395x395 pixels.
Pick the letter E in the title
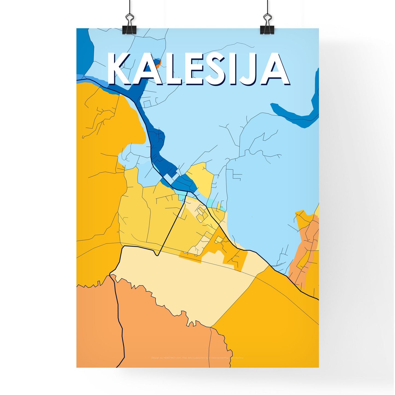(x=195, y=68)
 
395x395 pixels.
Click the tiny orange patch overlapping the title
(x=159, y=65)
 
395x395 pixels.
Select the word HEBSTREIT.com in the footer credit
(x=172, y=358)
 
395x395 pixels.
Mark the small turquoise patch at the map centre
(x=182, y=197)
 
